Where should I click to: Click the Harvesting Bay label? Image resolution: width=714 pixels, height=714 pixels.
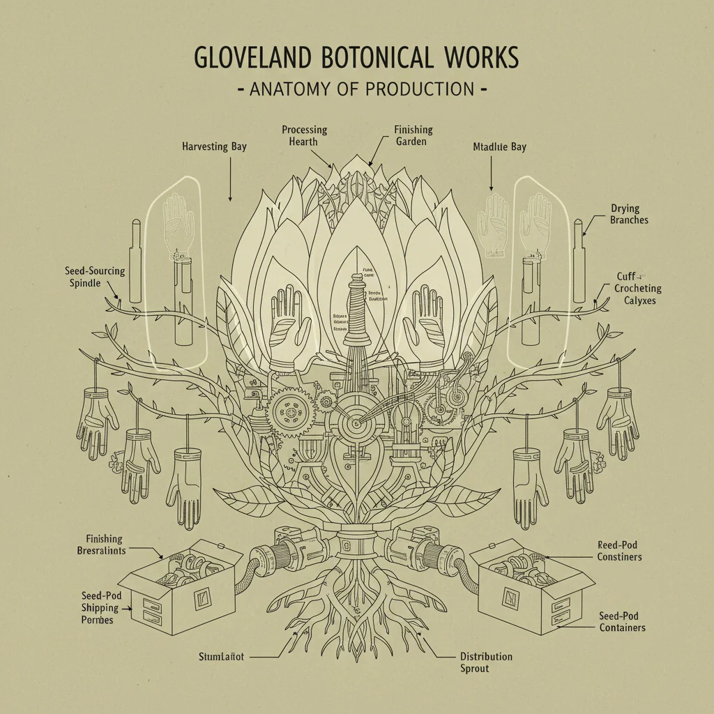pos(214,146)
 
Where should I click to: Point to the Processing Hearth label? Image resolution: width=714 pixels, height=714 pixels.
pos(304,135)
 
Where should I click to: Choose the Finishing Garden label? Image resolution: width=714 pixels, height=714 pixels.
pos(413,135)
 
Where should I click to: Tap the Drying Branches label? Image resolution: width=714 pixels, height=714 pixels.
pos(629,214)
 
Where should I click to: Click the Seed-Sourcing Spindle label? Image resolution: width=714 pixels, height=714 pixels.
pos(95,277)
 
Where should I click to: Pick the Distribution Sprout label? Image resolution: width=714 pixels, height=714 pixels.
pos(486,662)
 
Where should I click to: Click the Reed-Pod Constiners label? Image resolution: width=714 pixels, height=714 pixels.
pos(619,550)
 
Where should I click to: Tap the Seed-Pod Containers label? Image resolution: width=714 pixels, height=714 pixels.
pos(622,622)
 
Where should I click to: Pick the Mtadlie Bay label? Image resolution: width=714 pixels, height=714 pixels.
pos(499,146)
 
